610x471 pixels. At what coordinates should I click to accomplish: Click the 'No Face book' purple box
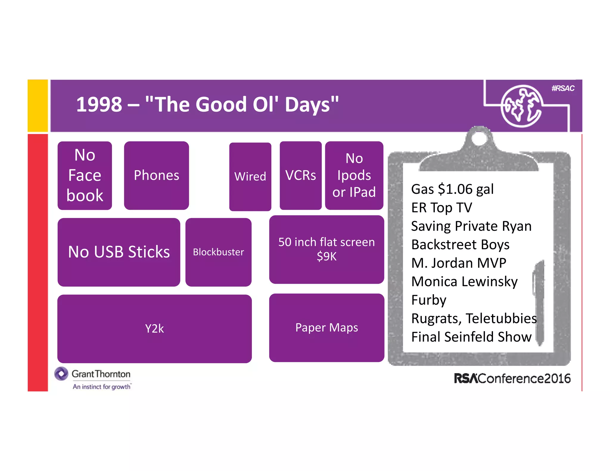tap(85, 175)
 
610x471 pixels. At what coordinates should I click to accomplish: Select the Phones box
tap(156, 175)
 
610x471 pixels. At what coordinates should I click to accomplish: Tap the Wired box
tap(250, 177)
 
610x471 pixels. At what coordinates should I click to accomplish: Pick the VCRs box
tap(301, 175)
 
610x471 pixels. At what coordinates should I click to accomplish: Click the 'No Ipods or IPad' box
tap(354, 175)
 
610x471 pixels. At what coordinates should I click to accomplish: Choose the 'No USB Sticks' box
tap(119, 252)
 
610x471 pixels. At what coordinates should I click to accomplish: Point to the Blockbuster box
tap(218, 252)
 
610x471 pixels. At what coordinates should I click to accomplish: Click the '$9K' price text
tap(326, 256)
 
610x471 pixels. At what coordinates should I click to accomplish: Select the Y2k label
tap(154, 329)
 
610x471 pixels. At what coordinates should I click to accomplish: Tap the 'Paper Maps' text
tap(326, 328)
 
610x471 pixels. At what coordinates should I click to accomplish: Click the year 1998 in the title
tap(99, 105)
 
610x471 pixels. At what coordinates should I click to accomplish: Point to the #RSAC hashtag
tap(563, 88)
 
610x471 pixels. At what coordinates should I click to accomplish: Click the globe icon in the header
tap(521, 106)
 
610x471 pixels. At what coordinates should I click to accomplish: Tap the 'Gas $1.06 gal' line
tap(452, 189)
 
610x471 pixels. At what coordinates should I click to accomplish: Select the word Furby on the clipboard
tap(429, 300)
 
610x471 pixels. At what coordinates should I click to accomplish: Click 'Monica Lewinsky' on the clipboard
tap(464, 282)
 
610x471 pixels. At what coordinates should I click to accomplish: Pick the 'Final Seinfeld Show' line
tap(471, 337)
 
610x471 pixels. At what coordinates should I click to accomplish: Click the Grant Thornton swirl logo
tap(61, 374)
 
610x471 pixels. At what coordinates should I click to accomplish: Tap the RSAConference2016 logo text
tap(512, 379)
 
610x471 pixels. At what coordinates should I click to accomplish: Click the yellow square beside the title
tap(38, 106)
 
